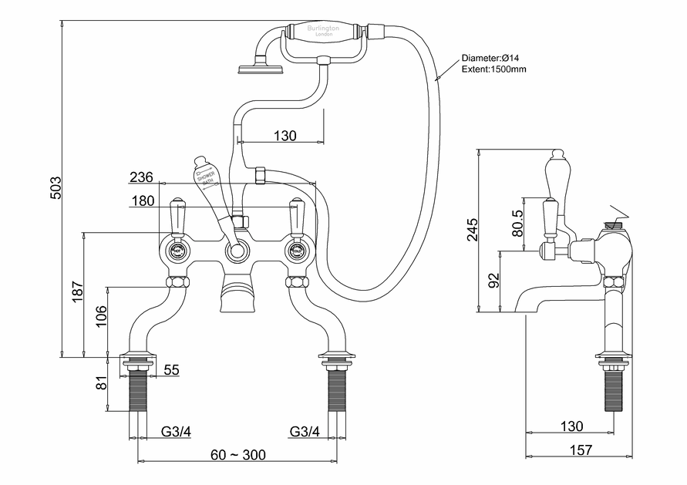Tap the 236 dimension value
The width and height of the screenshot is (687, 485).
141,177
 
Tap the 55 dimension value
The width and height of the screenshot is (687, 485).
170,370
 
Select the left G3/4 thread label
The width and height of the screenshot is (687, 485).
176,431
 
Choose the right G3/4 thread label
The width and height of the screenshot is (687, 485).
305,431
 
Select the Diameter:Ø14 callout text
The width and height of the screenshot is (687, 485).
493,58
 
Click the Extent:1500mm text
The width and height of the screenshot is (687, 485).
494,69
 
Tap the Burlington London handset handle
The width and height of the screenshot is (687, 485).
324,32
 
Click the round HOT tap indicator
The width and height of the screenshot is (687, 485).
177,251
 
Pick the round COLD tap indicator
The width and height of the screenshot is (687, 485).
297,251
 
